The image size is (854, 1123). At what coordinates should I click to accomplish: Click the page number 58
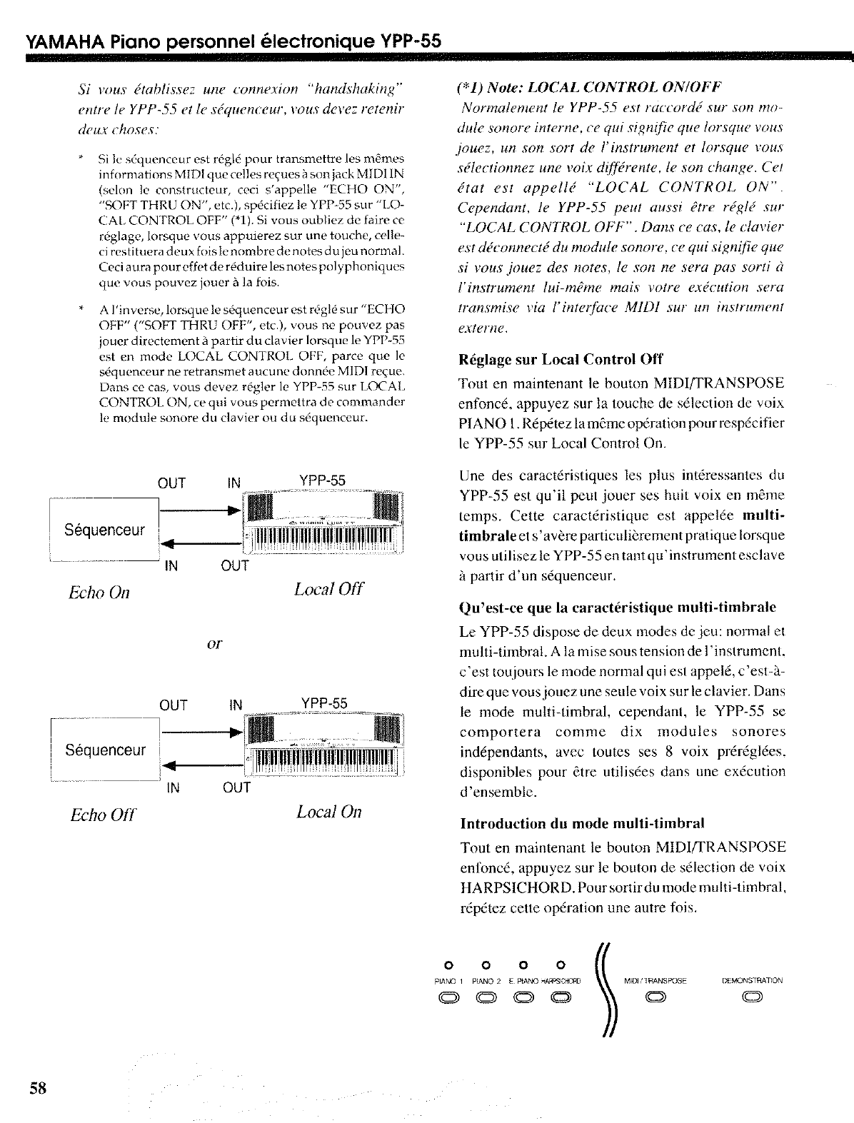click(38, 1087)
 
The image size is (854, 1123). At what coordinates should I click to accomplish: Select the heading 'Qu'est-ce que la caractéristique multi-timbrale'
click(618, 608)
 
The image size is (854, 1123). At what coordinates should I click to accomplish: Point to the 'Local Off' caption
click(328, 590)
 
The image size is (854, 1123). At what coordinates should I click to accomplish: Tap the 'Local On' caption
click(328, 812)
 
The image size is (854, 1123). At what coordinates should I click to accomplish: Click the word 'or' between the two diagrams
click(214, 645)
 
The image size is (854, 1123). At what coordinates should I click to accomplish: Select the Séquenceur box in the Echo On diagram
click(105, 530)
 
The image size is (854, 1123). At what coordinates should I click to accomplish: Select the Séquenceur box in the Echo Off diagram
click(105, 750)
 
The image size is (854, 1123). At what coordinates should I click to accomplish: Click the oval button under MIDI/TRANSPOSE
click(655, 998)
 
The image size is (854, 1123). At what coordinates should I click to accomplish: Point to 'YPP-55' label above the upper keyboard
click(323, 480)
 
